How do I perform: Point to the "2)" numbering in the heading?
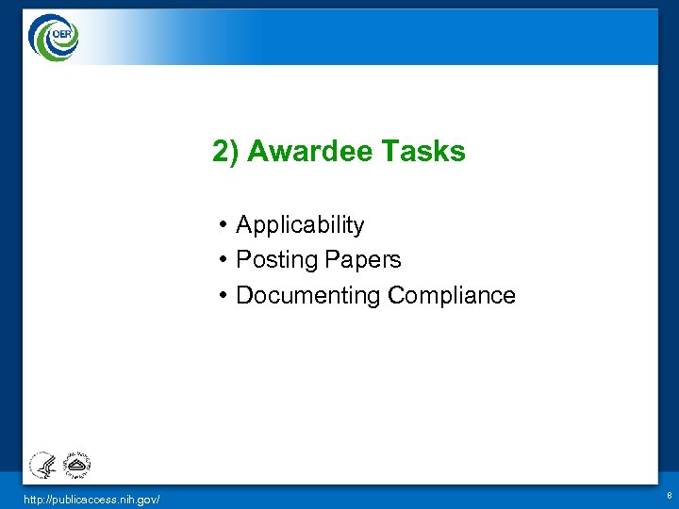[x=225, y=152]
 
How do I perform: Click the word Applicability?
[x=300, y=225]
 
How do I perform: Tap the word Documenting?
[x=308, y=296]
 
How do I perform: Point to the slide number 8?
[x=669, y=495]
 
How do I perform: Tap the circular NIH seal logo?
[x=75, y=465]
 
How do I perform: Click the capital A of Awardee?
[x=256, y=152]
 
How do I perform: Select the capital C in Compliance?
[x=395, y=296]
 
